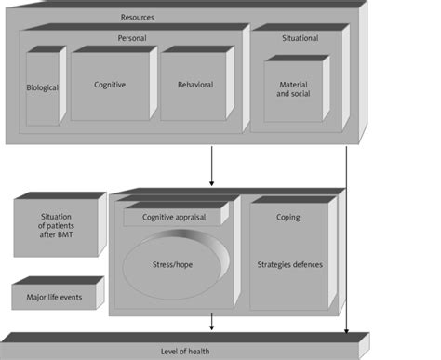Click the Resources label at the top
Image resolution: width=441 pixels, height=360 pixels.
pos(138,18)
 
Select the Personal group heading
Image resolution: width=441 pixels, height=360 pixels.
pos(132,39)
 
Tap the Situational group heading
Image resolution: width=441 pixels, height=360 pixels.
pos(300,39)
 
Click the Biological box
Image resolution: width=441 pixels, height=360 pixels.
pos(42,88)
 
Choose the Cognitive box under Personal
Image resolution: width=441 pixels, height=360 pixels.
pos(110,85)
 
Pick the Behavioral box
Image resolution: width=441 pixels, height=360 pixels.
pos(195,85)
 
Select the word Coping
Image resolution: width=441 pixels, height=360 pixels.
pos(288,218)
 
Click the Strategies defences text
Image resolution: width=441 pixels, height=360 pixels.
pos(289,264)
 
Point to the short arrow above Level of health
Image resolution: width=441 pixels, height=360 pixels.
pos(213,321)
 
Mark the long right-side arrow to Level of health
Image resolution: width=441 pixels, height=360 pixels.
pos(346,242)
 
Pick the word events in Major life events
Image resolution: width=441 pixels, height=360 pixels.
pos(74,298)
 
